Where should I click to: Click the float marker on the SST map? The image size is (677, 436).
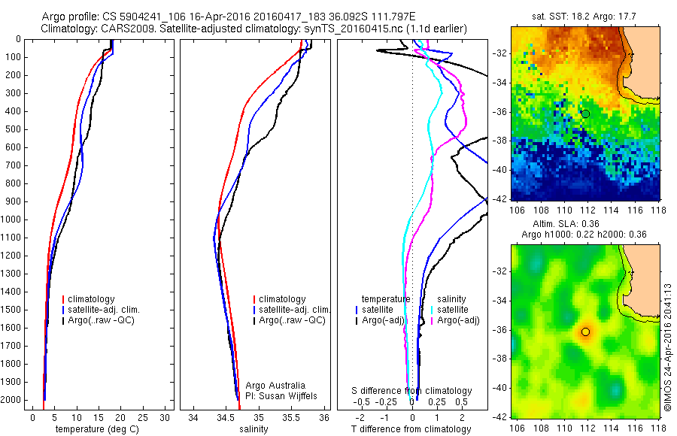pyautogui.click(x=585, y=114)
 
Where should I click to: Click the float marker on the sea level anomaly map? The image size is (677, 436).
pyautogui.click(x=585, y=332)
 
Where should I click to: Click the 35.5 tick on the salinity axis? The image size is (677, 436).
pyautogui.click(x=291, y=416)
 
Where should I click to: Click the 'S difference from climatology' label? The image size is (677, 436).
pyautogui.click(x=412, y=391)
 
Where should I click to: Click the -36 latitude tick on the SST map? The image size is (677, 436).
pyautogui.click(x=499, y=112)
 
